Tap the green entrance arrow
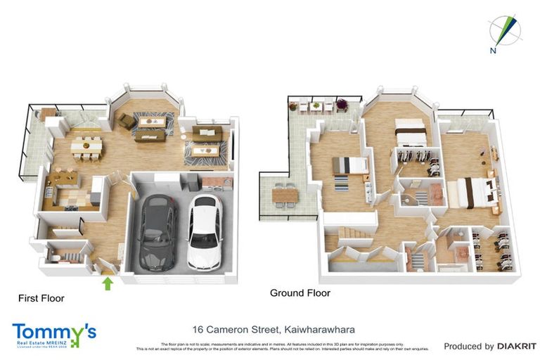[108, 283]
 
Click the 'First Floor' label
[41, 298]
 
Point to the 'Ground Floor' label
[300, 292]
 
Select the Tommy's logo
[53, 334]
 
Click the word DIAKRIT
[517, 346]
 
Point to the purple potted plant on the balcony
[342, 104]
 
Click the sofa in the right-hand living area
[207, 133]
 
